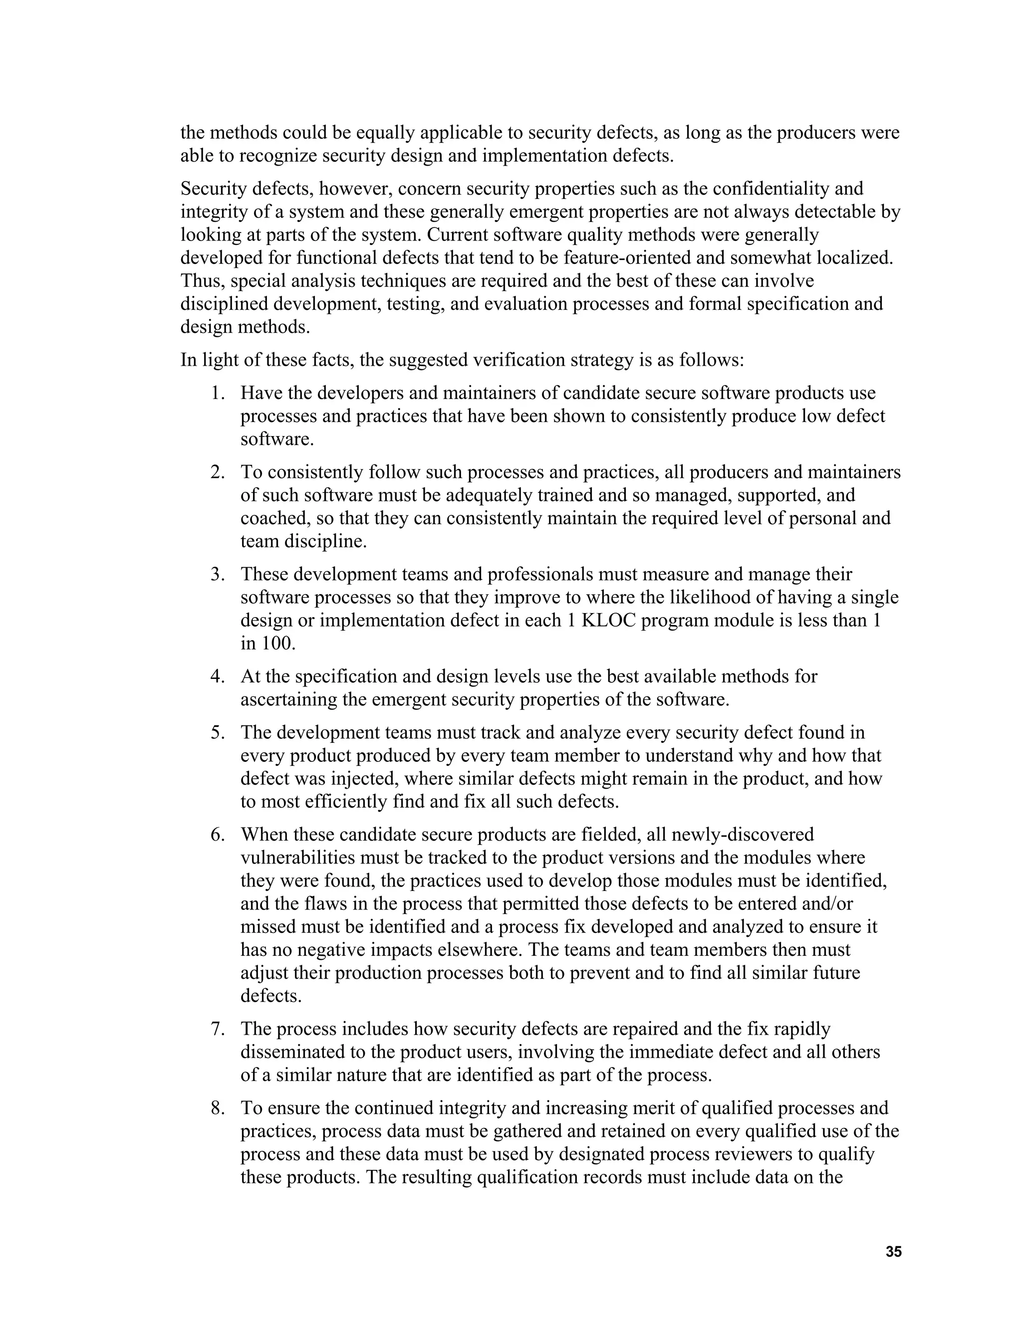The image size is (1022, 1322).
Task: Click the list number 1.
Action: [218, 394]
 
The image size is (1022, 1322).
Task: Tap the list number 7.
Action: [218, 1029]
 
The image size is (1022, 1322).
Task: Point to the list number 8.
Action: [218, 1108]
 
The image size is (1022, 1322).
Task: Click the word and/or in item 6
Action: [827, 904]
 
